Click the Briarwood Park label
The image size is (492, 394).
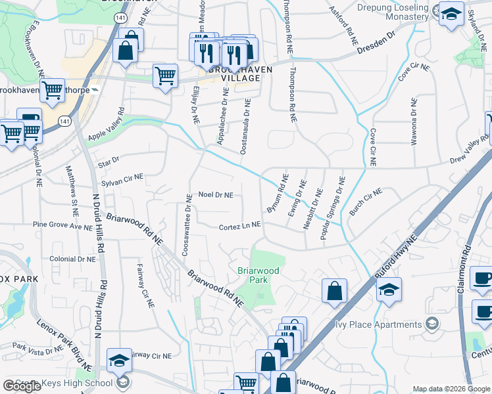[x=258, y=275]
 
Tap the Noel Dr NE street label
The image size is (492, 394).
[x=216, y=195]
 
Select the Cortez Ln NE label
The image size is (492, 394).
[x=240, y=226]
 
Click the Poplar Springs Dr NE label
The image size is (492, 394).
[x=332, y=208]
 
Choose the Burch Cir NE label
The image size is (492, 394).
[x=366, y=202]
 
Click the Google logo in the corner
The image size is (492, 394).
[x=22, y=386]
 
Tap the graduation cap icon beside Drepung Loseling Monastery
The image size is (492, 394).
[x=451, y=14]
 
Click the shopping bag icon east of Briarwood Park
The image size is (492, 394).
[x=334, y=290]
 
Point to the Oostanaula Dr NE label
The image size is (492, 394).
[x=246, y=127]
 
